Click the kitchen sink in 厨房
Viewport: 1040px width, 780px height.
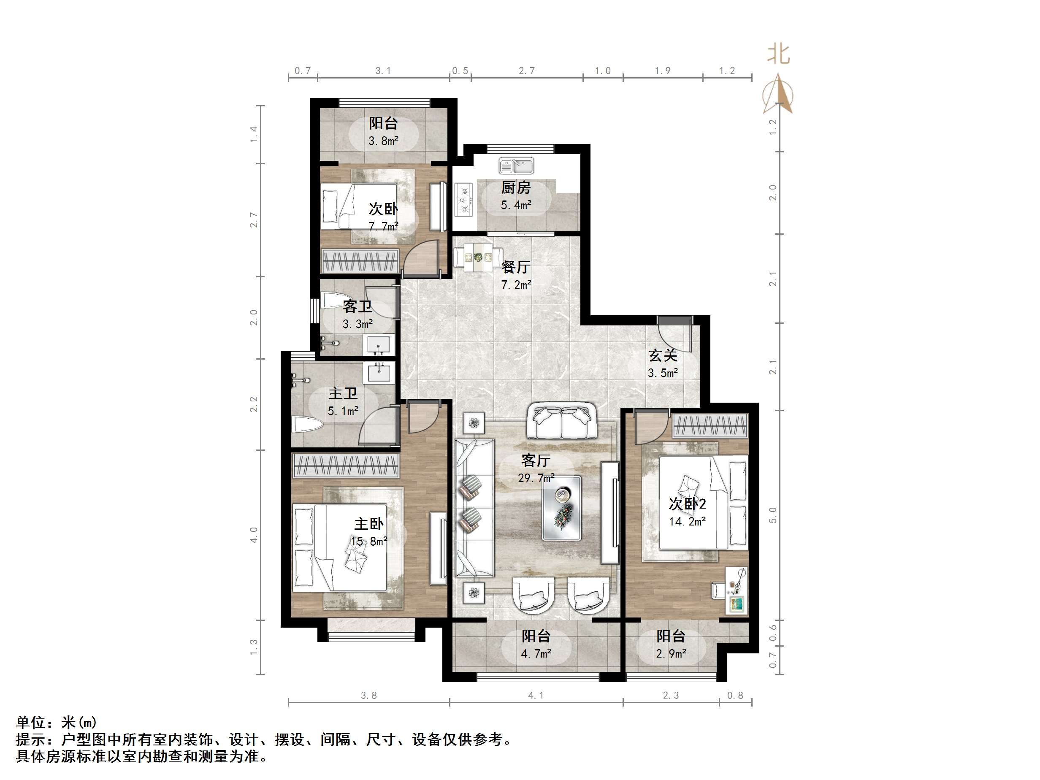pyautogui.click(x=516, y=165)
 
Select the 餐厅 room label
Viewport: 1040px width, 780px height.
pyautogui.click(x=516, y=267)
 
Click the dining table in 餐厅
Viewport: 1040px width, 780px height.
pyautogui.click(x=478, y=257)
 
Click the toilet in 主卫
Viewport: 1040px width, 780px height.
pyautogui.click(x=307, y=426)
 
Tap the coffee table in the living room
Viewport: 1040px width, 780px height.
pyautogui.click(x=561, y=508)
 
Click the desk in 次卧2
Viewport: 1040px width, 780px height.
pyautogui.click(x=736, y=590)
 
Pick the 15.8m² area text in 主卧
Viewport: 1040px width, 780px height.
pyautogui.click(x=369, y=541)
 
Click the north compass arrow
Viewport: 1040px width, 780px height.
pyautogui.click(x=778, y=94)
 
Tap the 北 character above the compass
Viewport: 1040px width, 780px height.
pyautogui.click(x=778, y=54)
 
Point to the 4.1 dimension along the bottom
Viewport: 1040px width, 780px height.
pyautogui.click(x=536, y=695)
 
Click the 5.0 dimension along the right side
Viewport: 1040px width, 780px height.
pyautogui.click(x=772, y=515)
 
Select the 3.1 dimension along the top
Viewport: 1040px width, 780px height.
pyautogui.click(x=383, y=70)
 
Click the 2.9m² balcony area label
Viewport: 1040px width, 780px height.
pyautogui.click(x=671, y=653)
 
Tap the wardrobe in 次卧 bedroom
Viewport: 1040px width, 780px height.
pyautogui.click(x=360, y=261)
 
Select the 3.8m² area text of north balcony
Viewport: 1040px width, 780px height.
pyautogui.click(x=383, y=141)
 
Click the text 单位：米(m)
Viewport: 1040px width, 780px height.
pyautogui.click(x=57, y=722)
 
